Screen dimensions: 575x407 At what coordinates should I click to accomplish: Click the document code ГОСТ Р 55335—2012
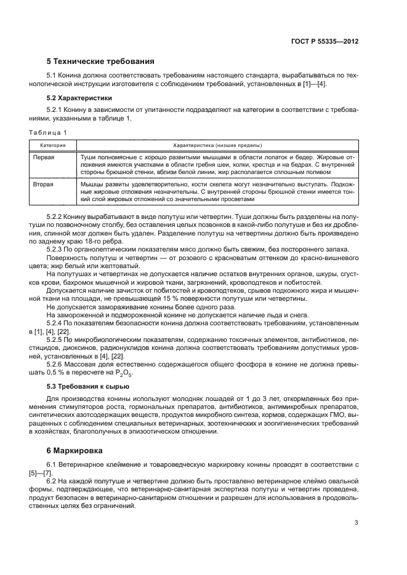tap(324, 42)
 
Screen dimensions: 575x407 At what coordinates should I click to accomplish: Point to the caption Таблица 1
tap(48, 132)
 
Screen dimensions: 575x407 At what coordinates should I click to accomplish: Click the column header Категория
tap(54, 145)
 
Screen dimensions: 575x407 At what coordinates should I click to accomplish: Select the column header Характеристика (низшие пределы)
tap(217, 145)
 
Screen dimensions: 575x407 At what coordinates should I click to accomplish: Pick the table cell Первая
tap(43, 157)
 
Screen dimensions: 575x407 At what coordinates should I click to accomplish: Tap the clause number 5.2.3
tap(56, 248)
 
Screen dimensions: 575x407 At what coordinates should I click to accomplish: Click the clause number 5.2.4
tap(56, 323)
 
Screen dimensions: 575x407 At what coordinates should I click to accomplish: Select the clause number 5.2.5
tap(56, 339)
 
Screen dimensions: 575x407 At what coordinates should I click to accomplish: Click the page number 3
tap(356, 523)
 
